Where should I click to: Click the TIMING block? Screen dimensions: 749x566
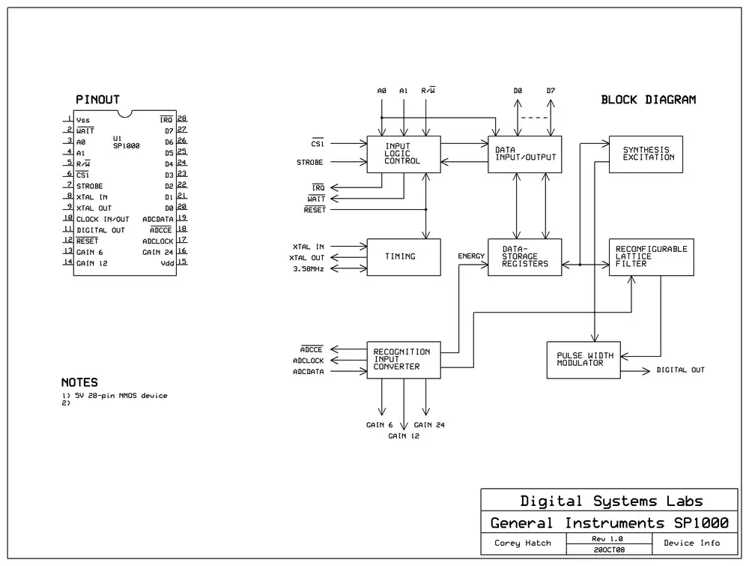(x=404, y=257)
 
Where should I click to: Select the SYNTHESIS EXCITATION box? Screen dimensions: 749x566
(x=646, y=154)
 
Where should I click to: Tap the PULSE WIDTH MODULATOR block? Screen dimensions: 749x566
(x=583, y=360)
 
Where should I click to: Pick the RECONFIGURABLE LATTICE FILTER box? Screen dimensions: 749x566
(x=652, y=257)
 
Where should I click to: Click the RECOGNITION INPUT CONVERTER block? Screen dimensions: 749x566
(x=404, y=360)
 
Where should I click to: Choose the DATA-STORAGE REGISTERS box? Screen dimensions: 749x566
(x=524, y=257)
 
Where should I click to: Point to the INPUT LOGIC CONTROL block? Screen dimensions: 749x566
(x=404, y=154)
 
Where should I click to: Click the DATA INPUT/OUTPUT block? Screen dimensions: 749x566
(x=524, y=154)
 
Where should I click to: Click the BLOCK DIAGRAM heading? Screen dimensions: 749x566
(x=648, y=100)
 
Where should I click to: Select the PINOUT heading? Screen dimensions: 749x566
(x=97, y=100)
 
